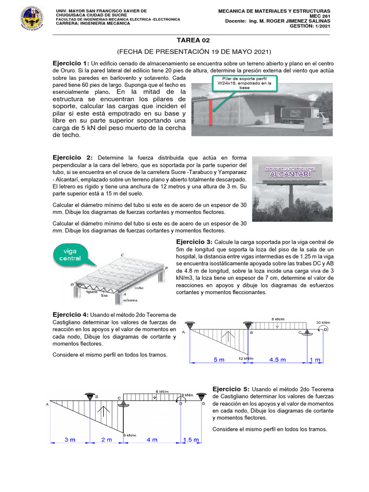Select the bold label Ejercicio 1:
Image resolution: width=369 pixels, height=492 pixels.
tap(71, 63)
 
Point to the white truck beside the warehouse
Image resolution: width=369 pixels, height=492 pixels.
tap(306, 114)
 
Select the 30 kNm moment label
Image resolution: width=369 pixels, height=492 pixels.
tap(322, 322)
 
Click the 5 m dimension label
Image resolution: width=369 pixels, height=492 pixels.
tap(219, 359)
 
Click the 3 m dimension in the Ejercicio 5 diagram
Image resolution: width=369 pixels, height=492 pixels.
tap(70, 440)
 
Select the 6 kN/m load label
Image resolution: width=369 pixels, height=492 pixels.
tap(162, 391)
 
